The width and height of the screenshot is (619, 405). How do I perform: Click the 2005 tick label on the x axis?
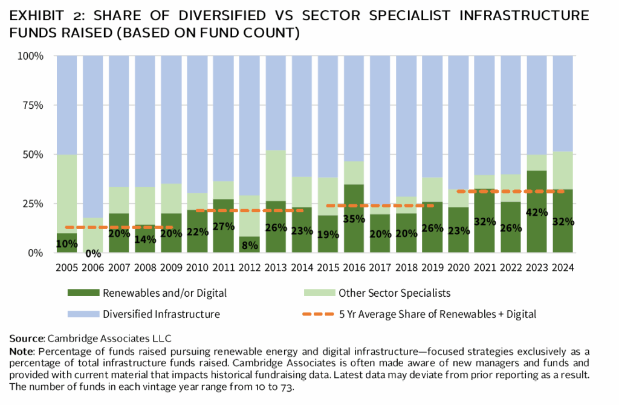(x=66, y=267)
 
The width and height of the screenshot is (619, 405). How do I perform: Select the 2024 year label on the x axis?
(x=563, y=267)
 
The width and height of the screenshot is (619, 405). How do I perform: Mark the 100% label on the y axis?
(x=29, y=56)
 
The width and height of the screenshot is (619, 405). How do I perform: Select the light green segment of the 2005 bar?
(x=66, y=193)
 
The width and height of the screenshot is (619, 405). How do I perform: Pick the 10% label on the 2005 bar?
(x=66, y=244)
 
